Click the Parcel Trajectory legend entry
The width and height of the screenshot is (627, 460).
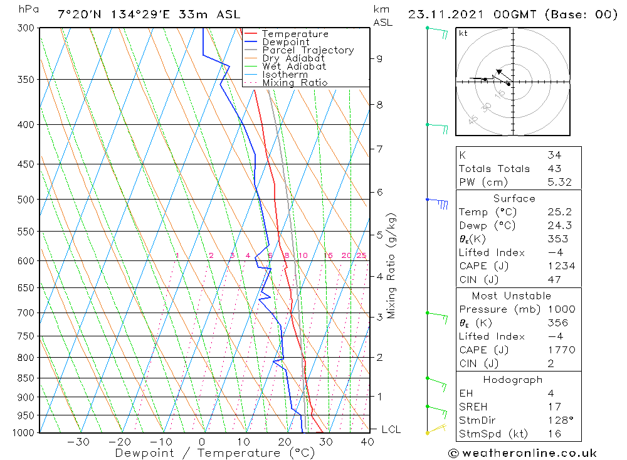tap(308, 50)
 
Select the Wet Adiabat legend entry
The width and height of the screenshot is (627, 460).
tap(294, 67)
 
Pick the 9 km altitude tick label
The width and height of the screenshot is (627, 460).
tap(379, 58)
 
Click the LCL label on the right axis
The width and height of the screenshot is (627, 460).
tap(391, 429)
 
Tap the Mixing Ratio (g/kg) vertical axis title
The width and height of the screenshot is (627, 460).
tap(392, 266)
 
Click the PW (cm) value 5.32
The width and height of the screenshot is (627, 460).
tap(559, 182)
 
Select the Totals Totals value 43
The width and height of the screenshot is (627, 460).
tap(554, 168)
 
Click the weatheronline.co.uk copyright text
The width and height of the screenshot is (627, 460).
tap(523, 453)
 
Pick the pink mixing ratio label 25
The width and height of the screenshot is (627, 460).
tap(361, 255)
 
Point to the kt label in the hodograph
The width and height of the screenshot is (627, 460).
tap(463, 33)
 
